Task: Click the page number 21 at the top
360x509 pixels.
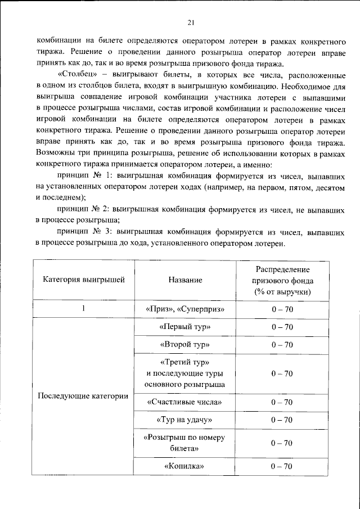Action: pos(191,22)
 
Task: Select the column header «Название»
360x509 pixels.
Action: pos(185,280)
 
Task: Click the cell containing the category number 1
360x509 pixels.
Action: pos(83,309)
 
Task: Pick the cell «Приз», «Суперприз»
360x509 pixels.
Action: pos(185,309)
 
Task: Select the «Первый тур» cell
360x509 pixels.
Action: pos(185,327)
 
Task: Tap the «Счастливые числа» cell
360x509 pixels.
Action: pos(185,402)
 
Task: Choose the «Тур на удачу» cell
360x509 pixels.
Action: pos(185,420)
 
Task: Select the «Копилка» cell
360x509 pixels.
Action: pos(185,466)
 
